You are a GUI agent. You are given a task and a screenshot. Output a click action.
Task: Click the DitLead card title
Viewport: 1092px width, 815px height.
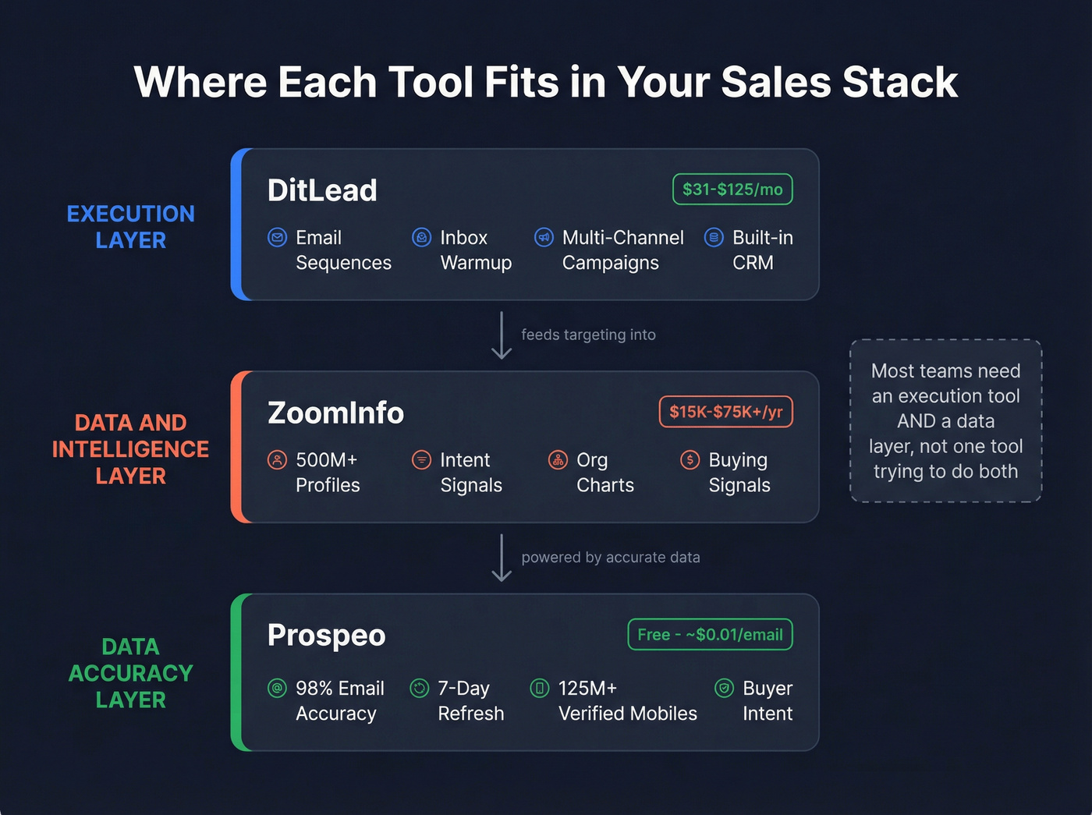[322, 190]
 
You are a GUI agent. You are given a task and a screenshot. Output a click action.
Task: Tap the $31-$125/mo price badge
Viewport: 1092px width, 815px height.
[732, 190]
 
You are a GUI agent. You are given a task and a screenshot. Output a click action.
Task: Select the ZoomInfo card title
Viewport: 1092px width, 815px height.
[335, 413]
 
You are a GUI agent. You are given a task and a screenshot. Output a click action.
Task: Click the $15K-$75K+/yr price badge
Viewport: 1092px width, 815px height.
[725, 412]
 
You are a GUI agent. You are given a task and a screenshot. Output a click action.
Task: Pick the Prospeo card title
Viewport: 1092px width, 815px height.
[326, 636]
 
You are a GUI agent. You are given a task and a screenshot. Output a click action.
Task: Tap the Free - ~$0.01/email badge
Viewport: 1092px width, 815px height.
[710, 635]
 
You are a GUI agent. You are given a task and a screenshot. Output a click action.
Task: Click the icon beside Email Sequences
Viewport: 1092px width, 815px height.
[277, 237]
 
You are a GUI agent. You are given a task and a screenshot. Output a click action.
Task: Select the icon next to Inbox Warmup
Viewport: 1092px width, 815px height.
[421, 237]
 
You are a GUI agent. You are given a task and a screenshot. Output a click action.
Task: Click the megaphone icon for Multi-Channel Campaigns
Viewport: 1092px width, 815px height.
[544, 237]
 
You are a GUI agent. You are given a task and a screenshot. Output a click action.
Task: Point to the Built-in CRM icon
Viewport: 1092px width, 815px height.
[714, 237]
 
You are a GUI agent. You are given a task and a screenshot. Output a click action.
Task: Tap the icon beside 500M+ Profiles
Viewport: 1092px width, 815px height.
[277, 459]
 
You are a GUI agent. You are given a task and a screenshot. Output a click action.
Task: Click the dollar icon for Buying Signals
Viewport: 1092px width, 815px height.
[690, 459]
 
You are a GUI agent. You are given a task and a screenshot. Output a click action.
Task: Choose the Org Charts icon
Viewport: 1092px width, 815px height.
[558, 459]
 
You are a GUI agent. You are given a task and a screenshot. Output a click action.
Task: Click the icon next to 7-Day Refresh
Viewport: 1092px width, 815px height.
[420, 688]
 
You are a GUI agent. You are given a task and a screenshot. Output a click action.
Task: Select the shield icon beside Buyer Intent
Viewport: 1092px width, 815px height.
[724, 688]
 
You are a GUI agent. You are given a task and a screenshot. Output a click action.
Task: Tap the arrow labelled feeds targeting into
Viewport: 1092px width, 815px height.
[502, 335]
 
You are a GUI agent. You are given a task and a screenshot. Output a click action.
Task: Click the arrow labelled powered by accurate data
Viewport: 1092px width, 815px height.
[502, 558]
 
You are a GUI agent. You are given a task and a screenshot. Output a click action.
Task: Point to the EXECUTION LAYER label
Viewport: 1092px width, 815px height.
[131, 227]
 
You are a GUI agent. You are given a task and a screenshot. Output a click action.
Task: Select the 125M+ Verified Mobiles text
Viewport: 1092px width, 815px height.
[627, 700]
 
